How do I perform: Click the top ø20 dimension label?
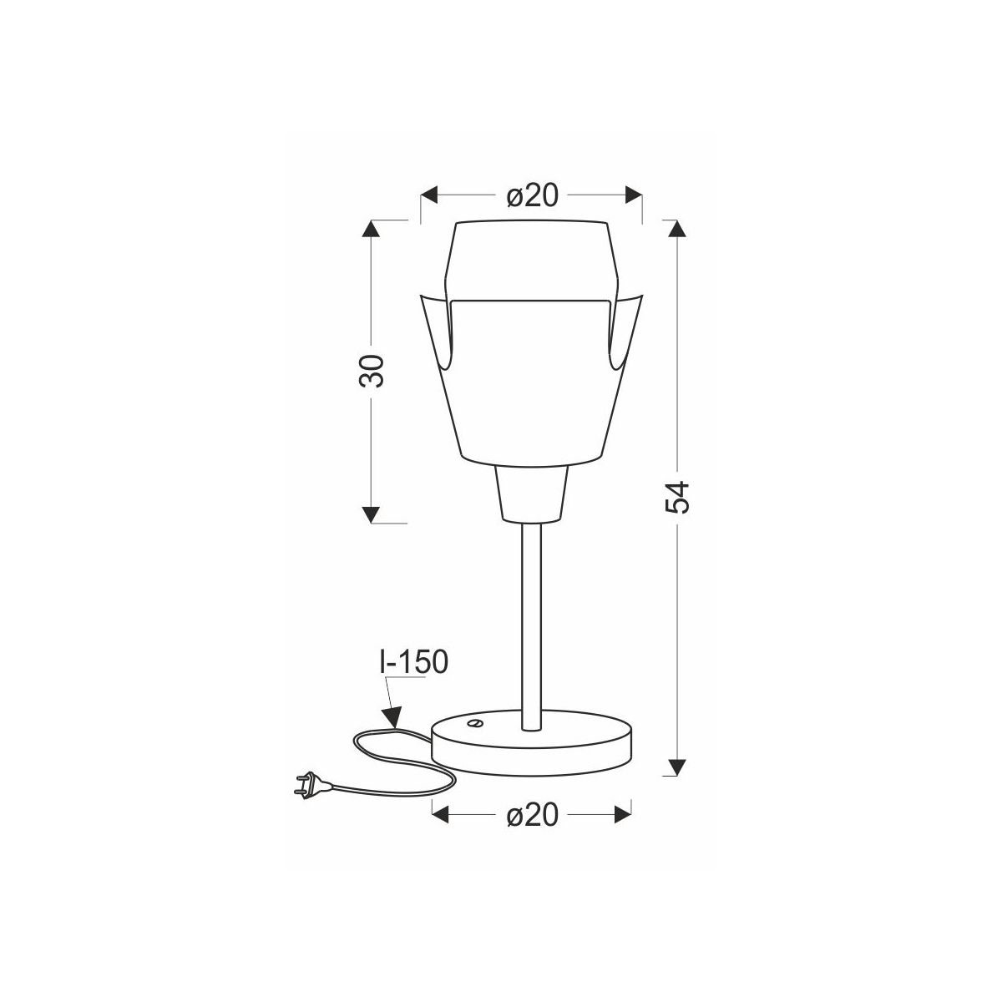click(x=531, y=196)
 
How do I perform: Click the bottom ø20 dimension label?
click(x=531, y=815)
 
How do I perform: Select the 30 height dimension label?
click(x=372, y=372)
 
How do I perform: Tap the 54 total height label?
click(x=677, y=497)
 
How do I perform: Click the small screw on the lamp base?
click(x=473, y=722)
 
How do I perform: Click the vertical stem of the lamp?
click(x=531, y=626)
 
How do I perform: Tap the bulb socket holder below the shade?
click(x=530, y=493)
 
